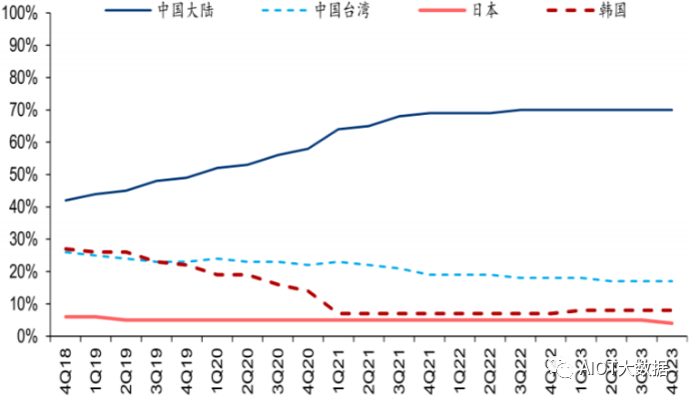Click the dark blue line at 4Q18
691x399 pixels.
(x=66, y=200)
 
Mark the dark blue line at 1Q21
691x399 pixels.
(x=340, y=129)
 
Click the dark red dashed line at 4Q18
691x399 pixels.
(x=66, y=248)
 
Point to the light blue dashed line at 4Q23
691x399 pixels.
(x=672, y=281)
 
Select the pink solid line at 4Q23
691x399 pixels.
(x=672, y=323)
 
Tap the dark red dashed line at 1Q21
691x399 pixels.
(x=340, y=313)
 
